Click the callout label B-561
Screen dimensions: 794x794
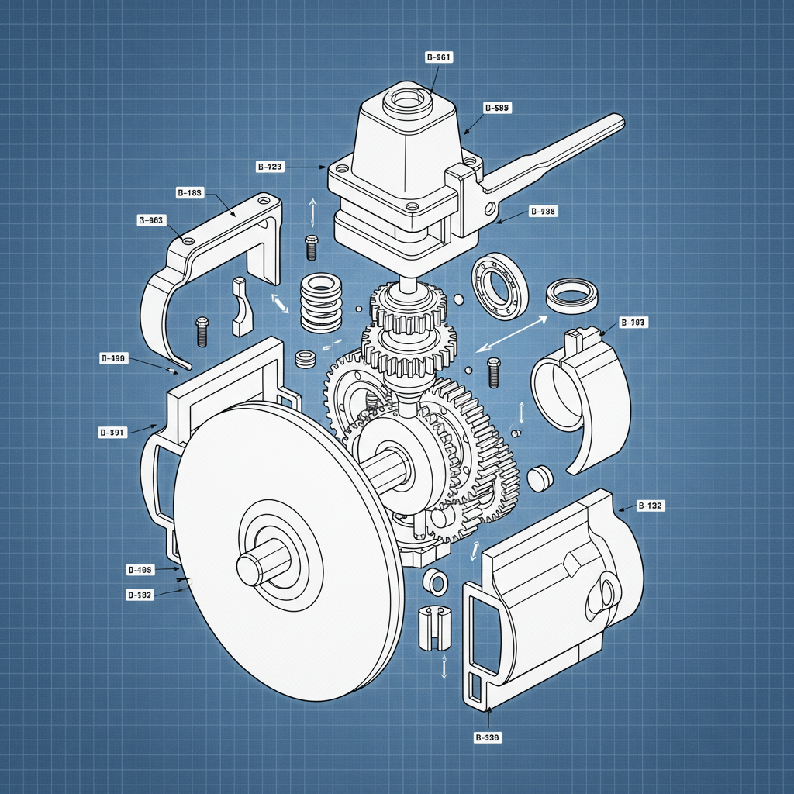coord(439,57)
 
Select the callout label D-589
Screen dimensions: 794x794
coord(496,109)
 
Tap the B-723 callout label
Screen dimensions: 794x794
coord(270,167)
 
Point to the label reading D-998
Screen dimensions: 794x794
coord(542,211)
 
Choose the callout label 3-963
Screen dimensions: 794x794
coord(150,220)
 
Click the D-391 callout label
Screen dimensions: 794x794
coord(112,433)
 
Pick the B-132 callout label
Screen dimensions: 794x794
coord(650,506)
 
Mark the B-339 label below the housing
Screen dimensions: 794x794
coord(488,738)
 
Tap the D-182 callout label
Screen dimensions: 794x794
coord(140,595)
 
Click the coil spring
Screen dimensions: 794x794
coord(320,302)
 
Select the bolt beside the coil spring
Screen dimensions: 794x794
coord(312,247)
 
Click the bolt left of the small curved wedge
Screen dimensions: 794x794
coord(202,331)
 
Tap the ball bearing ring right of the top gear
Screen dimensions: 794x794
coord(500,286)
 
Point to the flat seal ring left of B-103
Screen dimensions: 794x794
coord(572,295)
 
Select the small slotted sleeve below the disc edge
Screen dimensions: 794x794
coord(434,627)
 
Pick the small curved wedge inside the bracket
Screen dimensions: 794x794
coord(242,307)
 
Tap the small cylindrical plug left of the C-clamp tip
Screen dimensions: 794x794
coord(539,478)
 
